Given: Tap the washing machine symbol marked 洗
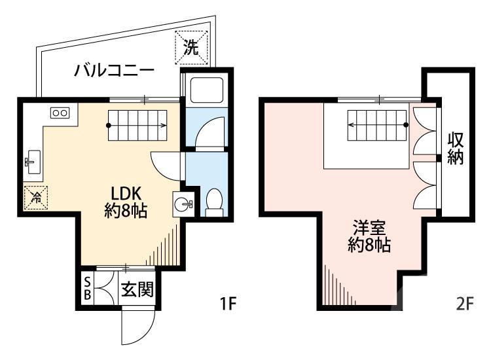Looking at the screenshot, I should [x=191, y=46].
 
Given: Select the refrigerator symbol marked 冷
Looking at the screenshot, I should [x=33, y=194].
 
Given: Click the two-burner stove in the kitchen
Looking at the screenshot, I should [x=60, y=113].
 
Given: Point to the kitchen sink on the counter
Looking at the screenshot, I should [x=33, y=159].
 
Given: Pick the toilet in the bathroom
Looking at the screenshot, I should [x=214, y=202].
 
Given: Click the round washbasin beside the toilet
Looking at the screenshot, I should [x=183, y=203].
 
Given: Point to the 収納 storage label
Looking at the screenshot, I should [x=456, y=149].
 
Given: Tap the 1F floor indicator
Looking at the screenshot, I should [x=228, y=304].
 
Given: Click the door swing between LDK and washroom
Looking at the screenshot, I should [x=166, y=164].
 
